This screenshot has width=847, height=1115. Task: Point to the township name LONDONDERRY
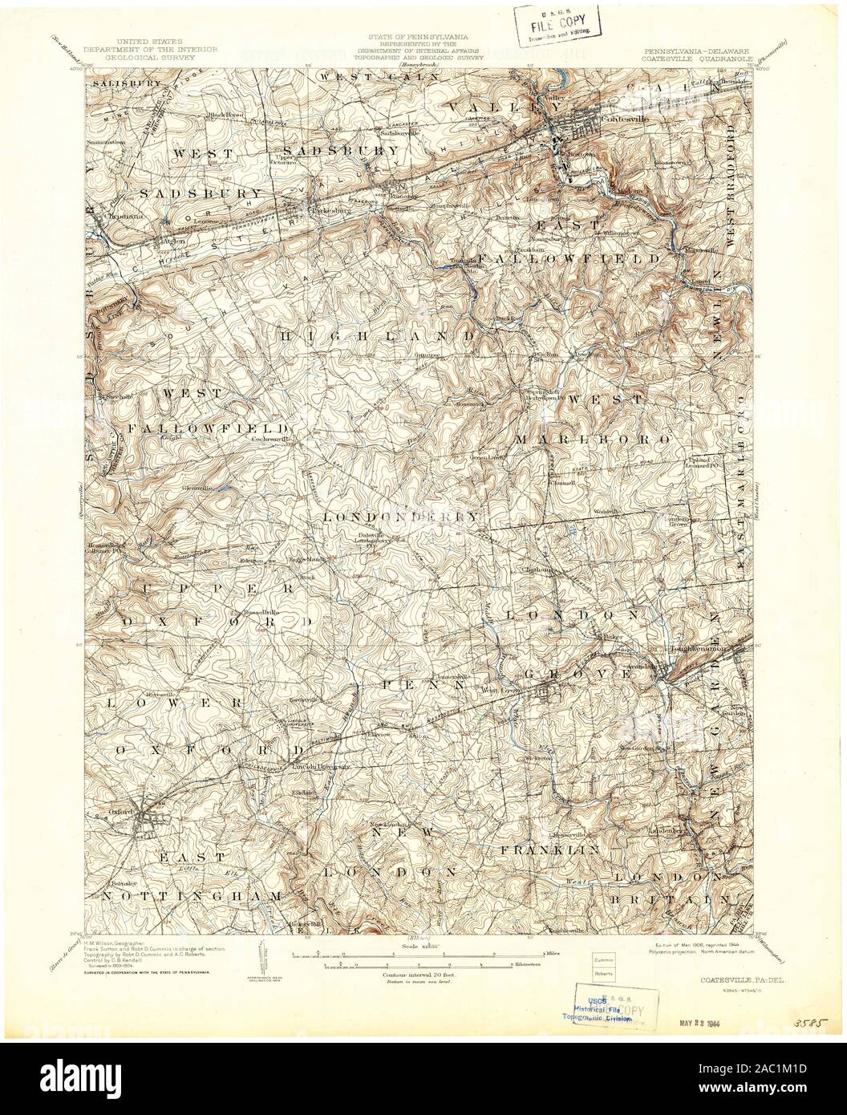[401, 517]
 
